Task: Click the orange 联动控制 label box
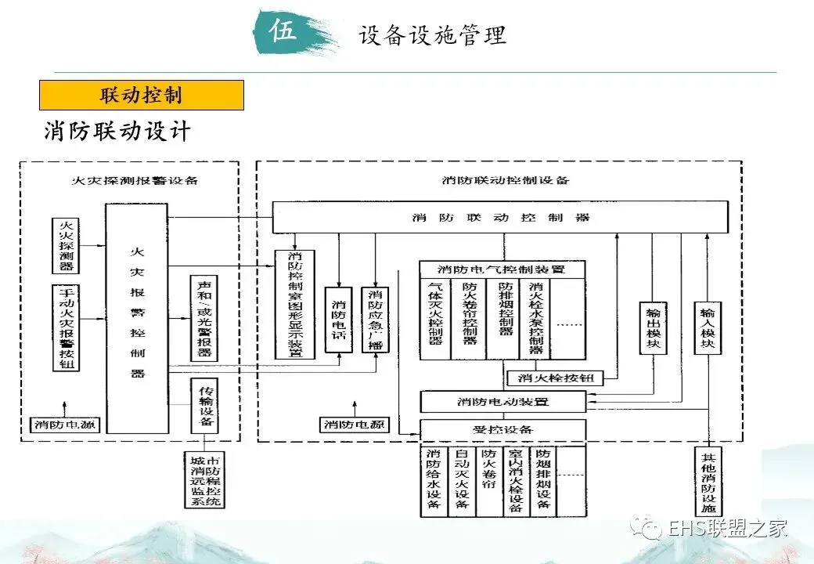(x=142, y=96)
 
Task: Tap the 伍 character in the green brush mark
(x=283, y=32)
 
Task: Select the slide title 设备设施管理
(x=432, y=34)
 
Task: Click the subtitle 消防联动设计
(x=117, y=131)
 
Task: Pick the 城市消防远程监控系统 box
(x=203, y=479)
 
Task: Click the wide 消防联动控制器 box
(x=499, y=217)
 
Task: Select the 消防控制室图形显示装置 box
(x=295, y=305)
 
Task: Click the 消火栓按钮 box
(x=556, y=378)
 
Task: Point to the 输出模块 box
(x=653, y=328)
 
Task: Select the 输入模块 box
(x=708, y=328)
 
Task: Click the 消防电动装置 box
(x=502, y=402)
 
